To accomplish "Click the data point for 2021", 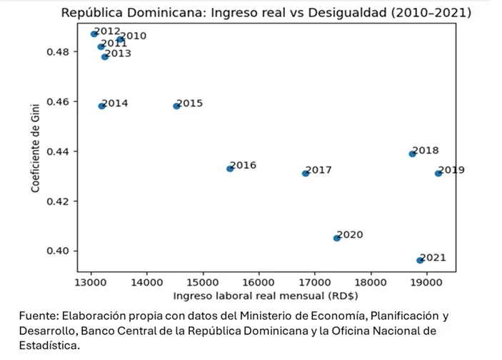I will click(420, 260).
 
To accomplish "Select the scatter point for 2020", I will click(336, 238).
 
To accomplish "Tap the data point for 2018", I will click(412, 154).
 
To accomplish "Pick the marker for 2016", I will click(230, 169).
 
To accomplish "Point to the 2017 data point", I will click(306, 173).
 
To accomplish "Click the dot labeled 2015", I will click(176, 106).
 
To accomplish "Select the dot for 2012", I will click(94, 34).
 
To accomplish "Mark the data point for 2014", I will click(102, 106).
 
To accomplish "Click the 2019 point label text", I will click(452, 170).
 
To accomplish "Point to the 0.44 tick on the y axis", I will click(59, 151).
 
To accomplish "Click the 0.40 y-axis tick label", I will click(59, 251).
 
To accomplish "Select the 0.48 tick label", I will click(59, 52).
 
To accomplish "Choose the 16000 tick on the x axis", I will click(258, 283).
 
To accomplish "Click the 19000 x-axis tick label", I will click(426, 283).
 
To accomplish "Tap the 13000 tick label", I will click(91, 283).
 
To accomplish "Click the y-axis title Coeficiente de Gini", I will click(35, 146).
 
